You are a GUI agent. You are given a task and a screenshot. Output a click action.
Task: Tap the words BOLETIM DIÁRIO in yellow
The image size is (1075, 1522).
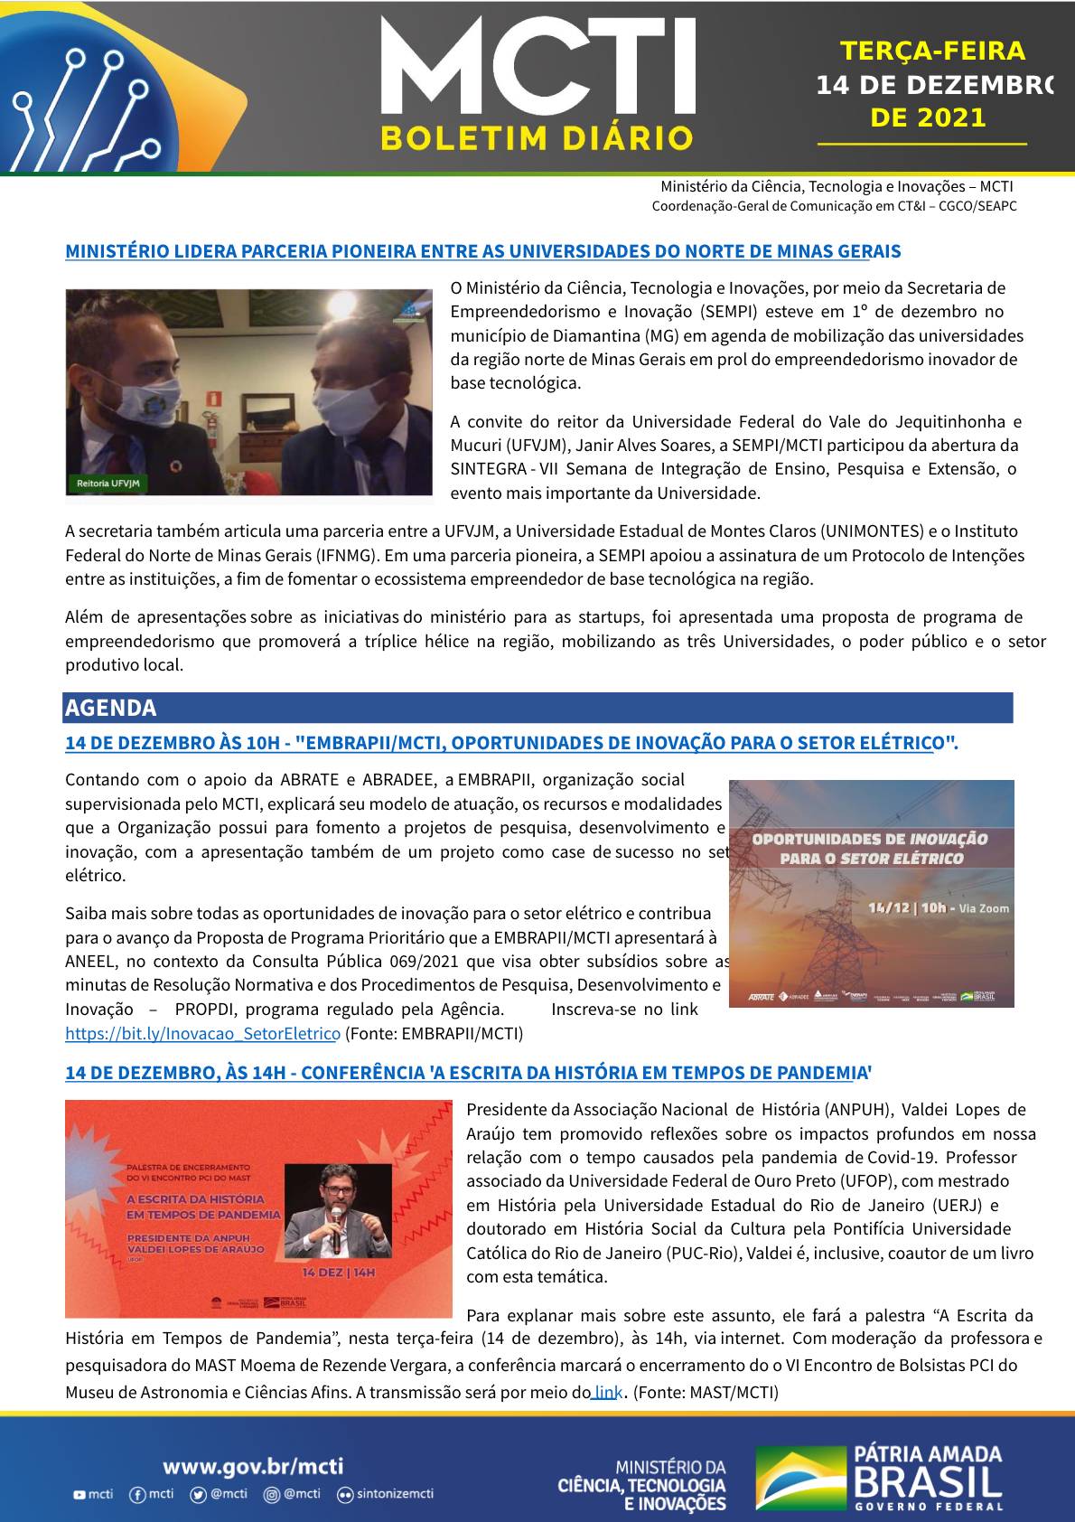(x=537, y=138)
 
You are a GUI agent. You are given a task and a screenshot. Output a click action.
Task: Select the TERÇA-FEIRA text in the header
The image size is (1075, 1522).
(x=932, y=52)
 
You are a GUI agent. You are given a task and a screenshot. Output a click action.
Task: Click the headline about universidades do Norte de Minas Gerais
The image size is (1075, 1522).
(x=482, y=251)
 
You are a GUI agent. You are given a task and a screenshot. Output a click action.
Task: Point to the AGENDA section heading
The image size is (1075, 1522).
(x=111, y=708)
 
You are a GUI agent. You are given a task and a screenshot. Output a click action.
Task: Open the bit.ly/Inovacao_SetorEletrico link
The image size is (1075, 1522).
(x=202, y=1033)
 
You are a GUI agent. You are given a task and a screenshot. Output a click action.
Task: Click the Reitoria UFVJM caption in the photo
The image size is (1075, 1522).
(x=108, y=484)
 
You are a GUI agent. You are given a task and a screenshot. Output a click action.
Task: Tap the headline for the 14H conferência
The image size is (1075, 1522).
(x=468, y=1073)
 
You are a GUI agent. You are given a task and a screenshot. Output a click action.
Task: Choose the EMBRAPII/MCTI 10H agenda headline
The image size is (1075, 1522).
(x=511, y=743)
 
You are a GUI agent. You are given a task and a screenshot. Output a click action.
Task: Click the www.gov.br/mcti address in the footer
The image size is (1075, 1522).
(x=253, y=1466)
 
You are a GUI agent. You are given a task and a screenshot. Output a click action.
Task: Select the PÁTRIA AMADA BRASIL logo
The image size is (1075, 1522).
(x=878, y=1478)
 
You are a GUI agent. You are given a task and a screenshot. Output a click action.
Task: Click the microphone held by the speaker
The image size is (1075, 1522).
(x=335, y=1228)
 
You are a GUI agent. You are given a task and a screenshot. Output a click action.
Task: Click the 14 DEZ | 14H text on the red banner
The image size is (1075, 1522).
(x=339, y=1272)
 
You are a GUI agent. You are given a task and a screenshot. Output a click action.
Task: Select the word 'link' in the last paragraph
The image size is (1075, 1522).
(x=607, y=1392)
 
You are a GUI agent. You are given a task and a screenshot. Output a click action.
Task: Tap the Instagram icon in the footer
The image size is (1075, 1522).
(x=271, y=1495)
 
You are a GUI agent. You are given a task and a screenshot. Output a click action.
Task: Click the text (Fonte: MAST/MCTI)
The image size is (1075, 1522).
(x=706, y=1392)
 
